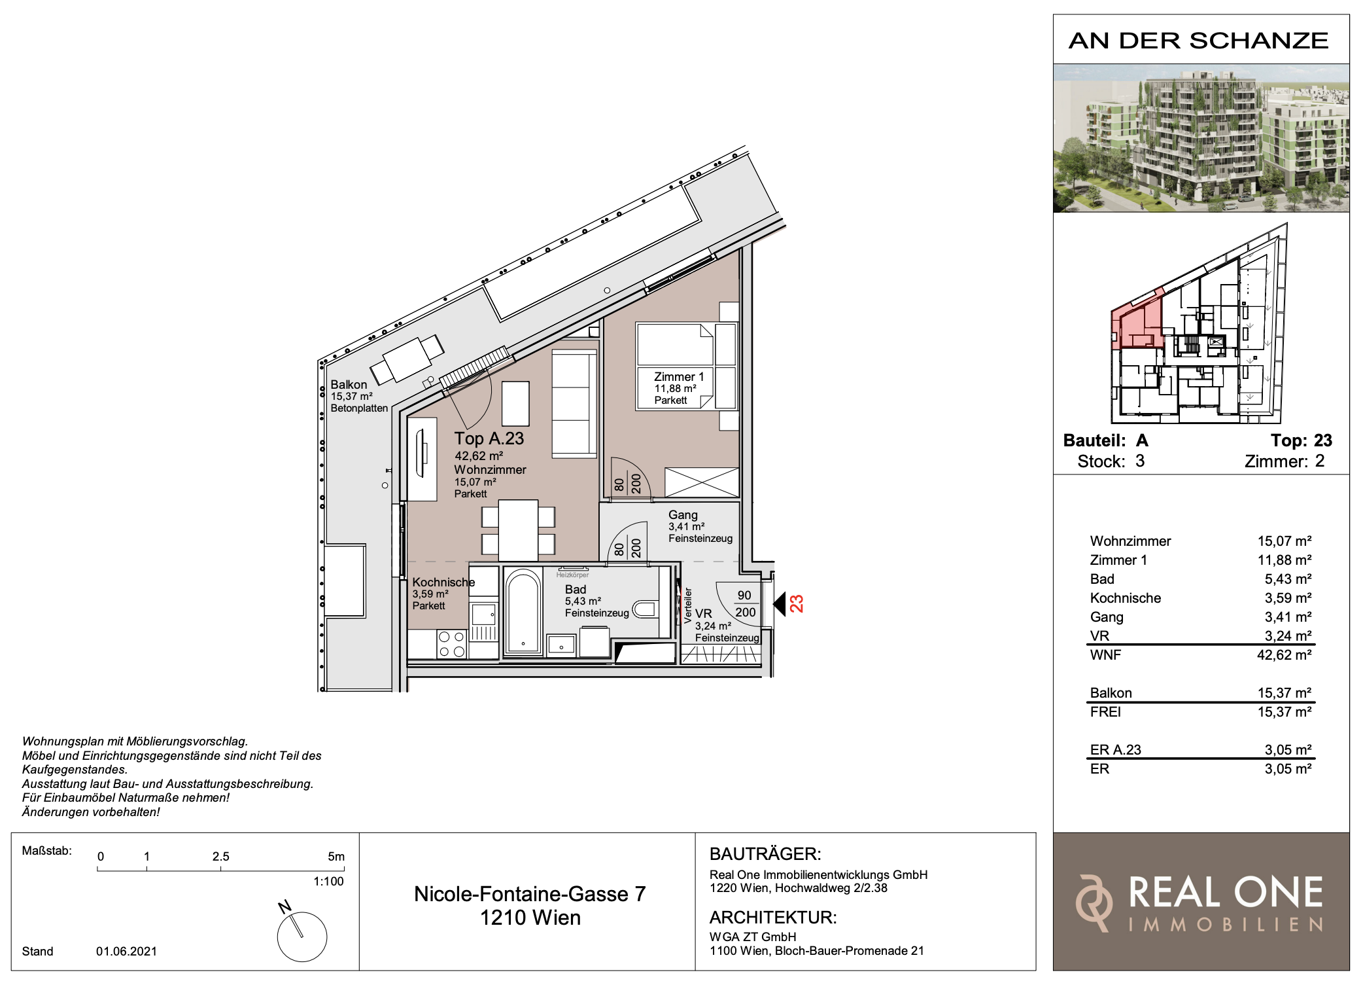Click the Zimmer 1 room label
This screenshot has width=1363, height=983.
tap(679, 377)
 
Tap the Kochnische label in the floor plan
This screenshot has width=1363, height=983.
tap(443, 582)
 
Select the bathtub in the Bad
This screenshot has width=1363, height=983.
tap(523, 611)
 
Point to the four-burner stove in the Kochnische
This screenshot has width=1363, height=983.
tap(451, 643)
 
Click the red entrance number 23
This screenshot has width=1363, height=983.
tap(796, 603)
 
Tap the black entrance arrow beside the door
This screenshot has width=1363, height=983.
tap(779, 603)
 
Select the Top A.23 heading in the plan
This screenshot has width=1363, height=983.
tap(489, 438)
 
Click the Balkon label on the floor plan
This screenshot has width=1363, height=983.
tap(349, 384)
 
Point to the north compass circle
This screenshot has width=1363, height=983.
tap(302, 937)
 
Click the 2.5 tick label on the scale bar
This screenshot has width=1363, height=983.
tap(220, 856)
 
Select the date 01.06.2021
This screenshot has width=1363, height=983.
tap(126, 951)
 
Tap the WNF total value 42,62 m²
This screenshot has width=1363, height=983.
tap(1284, 654)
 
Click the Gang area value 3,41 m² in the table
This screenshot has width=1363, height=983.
tap(1288, 617)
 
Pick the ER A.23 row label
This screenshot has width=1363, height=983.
tap(1115, 749)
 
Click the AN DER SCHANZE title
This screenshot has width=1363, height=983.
tap(1198, 41)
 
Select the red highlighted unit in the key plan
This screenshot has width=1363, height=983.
tap(1137, 320)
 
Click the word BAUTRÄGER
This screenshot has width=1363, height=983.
tap(765, 853)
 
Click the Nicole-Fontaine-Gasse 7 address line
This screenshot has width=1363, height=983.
tap(530, 893)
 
